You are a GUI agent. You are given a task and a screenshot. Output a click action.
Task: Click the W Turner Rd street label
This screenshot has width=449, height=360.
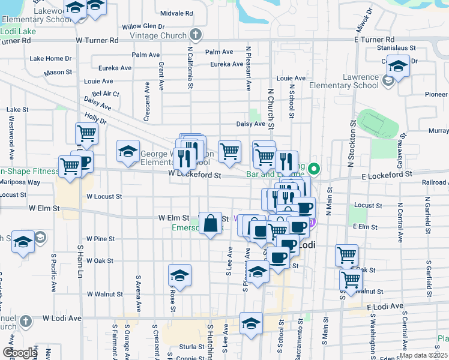(x=97, y=40)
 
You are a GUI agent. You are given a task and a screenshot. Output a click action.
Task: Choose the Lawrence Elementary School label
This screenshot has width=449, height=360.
(x=343, y=82)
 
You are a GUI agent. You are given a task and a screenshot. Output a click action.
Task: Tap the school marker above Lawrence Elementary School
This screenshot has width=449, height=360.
(x=397, y=65)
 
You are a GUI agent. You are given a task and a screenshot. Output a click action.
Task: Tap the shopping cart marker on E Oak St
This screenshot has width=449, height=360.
(x=346, y=255)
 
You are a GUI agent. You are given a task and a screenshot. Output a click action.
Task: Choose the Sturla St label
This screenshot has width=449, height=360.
(x=192, y=346)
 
